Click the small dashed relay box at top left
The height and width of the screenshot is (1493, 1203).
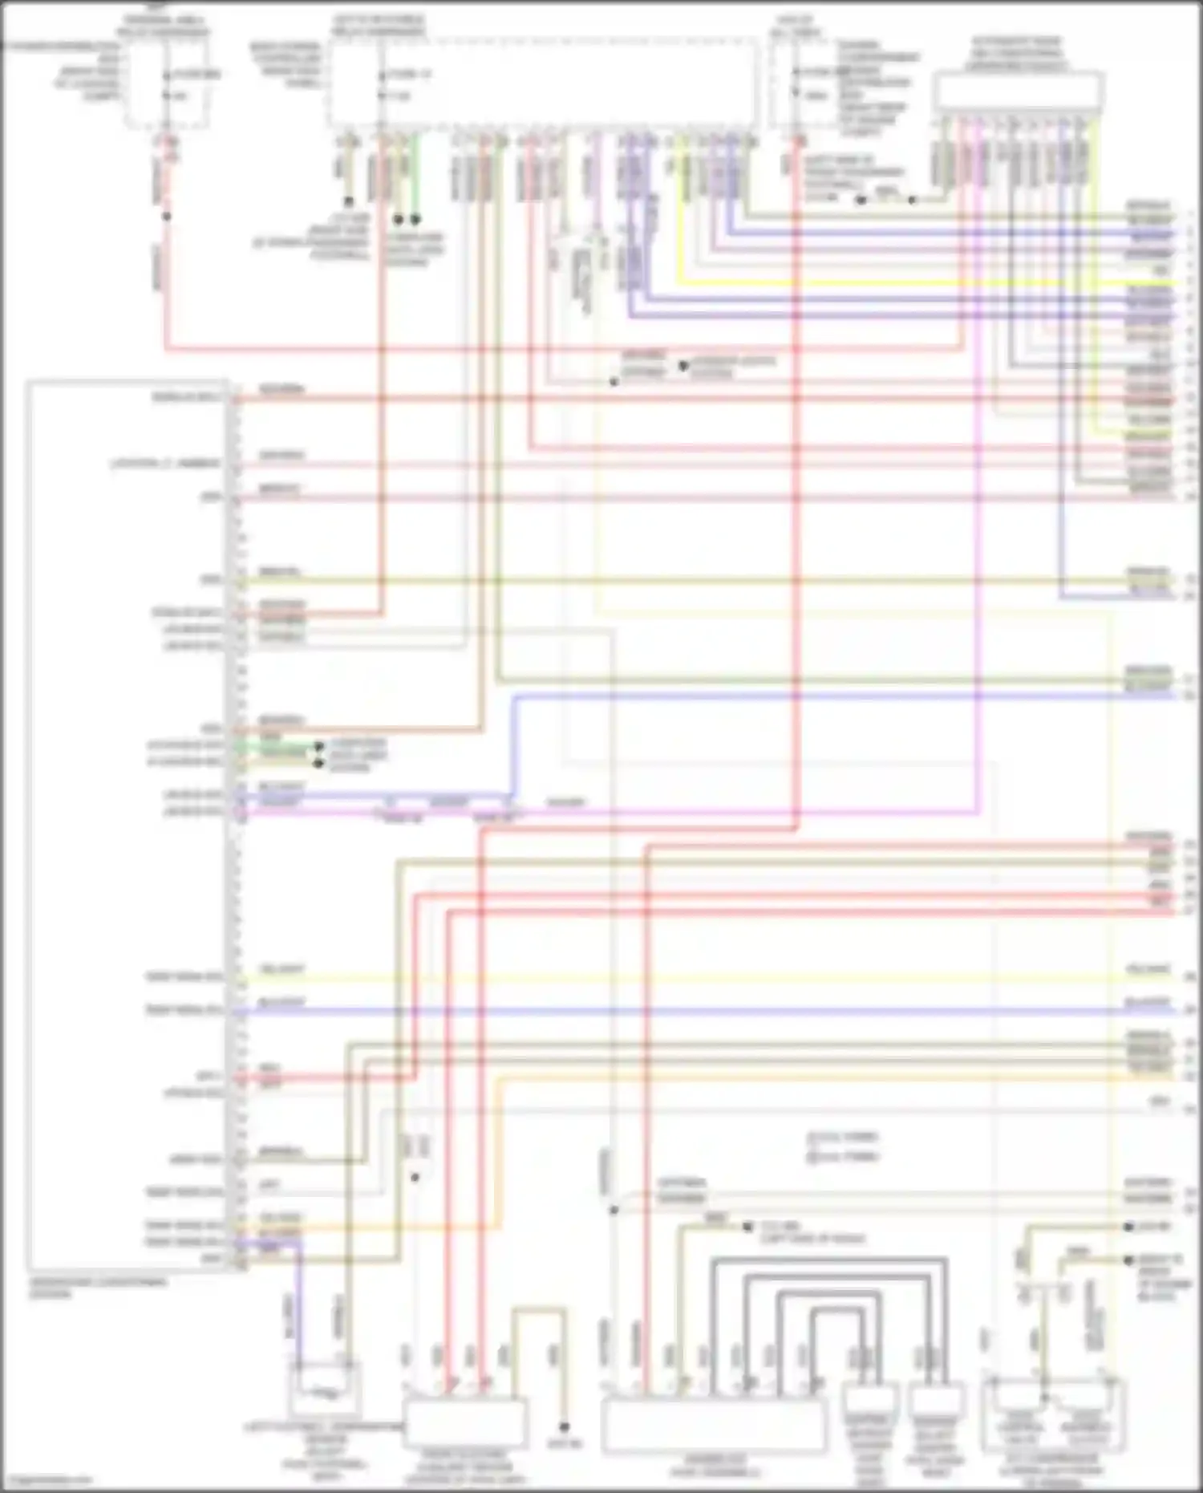pos(167,84)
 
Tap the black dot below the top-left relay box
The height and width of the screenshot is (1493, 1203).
pos(167,216)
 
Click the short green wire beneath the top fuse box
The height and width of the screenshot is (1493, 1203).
pos(415,176)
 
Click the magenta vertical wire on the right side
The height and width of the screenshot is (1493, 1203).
pos(978,562)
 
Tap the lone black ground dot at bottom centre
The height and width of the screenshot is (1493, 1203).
pos(564,1427)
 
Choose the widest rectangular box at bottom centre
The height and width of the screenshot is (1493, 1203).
pos(713,1426)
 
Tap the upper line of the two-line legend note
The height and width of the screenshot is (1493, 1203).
pos(842,1136)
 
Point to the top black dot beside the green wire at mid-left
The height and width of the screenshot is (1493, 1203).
pos(318,745)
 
